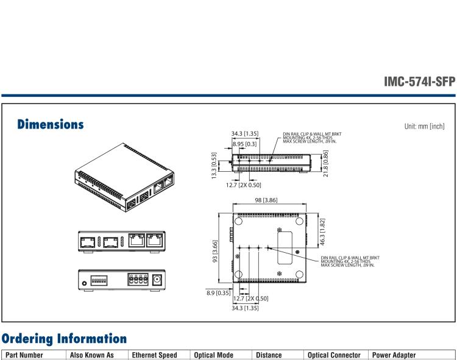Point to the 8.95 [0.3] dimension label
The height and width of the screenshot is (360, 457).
pyautogui.click(x=244, y=144)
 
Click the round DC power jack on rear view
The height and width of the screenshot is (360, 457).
pyautogui.click(x=160, y=281)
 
